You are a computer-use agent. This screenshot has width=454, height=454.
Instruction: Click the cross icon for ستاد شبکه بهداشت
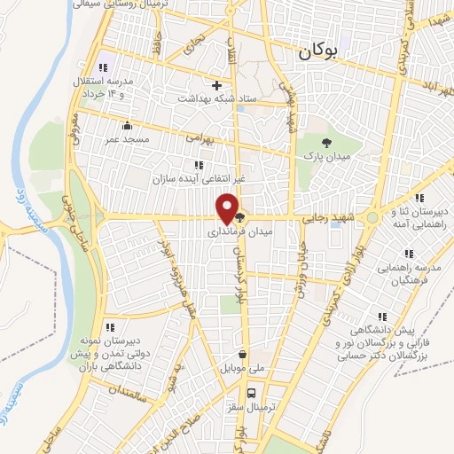point(216,86)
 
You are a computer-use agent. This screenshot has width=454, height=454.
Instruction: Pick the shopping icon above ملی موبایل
point(242,353)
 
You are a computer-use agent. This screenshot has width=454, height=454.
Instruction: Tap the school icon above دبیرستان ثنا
point(419,198)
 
